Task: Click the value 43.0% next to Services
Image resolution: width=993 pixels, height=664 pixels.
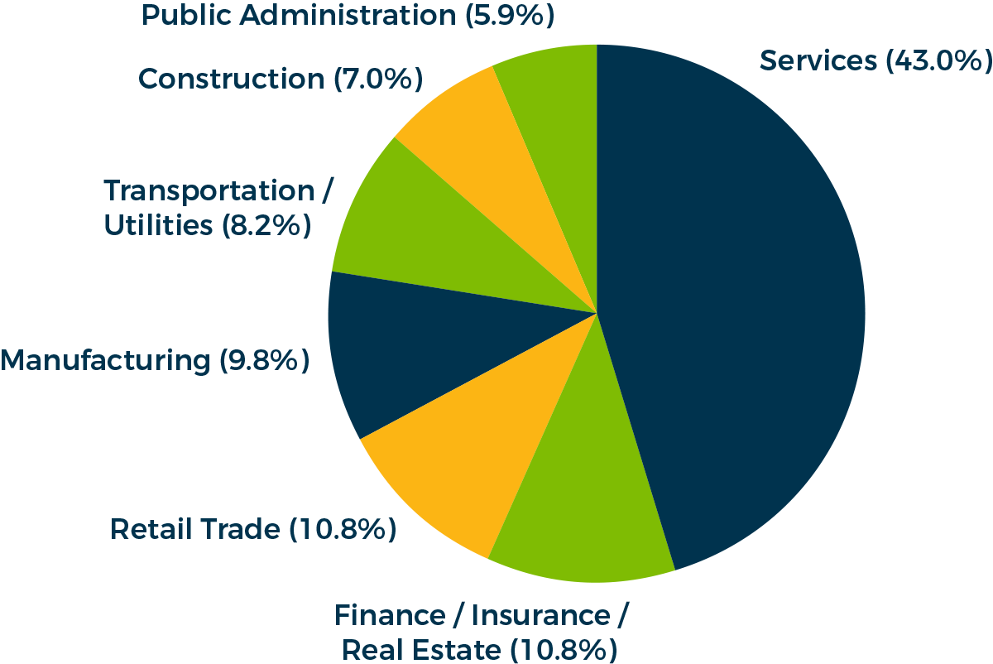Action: point(938,61)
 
